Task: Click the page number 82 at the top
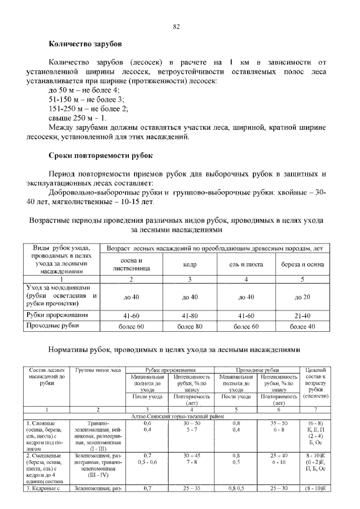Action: point(176,26)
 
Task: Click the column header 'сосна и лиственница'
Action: point(132,264)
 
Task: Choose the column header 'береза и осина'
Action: point(303,264)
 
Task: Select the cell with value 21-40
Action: point(303,315)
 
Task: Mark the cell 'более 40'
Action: point(303,326)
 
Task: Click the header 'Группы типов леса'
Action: point(97,370)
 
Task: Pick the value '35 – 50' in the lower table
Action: point(279,422)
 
